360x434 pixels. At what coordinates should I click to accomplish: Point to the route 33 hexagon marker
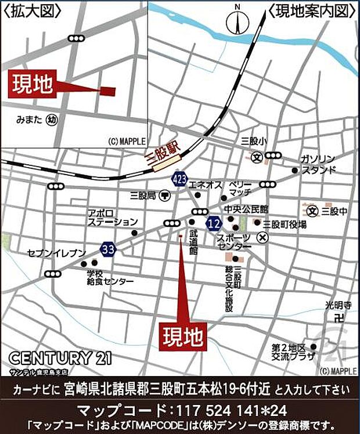tap(108, 248)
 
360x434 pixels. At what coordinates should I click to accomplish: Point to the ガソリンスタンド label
tap(318, 164)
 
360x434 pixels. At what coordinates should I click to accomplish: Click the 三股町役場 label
tap(285, 224)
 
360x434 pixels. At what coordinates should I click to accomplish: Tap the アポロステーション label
tap(113, 218)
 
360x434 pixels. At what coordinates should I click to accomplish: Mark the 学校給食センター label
tap(110, 277)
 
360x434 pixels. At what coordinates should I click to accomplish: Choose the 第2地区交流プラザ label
tap(288, 352)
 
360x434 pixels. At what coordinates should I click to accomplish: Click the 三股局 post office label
tap(143, 196)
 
